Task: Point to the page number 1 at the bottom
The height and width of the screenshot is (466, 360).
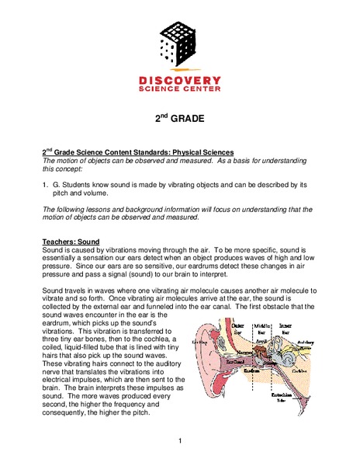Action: (x=180, y=442)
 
